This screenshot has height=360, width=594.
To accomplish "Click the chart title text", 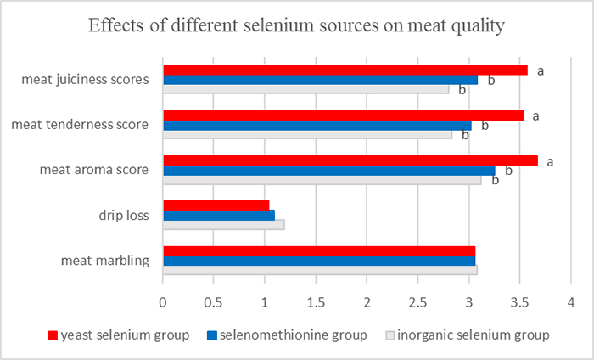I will tap(297, 26).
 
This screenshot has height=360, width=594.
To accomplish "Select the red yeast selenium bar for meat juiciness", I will tap(345, 70).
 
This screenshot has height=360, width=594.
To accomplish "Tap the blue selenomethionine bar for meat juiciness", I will tap(320, 80).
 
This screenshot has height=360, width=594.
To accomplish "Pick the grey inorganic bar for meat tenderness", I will tap(307, 134).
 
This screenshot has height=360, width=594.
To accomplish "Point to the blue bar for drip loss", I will tap(218, 215).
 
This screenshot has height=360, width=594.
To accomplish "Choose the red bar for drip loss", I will tap(216, 205).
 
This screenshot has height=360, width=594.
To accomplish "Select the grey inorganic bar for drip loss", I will tap(223, 225).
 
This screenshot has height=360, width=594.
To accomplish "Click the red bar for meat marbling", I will tap(318, 250).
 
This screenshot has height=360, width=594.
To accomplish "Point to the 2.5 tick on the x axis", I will tap(418, 301).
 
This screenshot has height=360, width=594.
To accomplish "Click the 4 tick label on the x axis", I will tap(571, 301).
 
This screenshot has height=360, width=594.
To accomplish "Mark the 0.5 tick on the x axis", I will tap(213, 301).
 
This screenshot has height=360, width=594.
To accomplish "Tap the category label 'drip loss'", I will tap(126, 215).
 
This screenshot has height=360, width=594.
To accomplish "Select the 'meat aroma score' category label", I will tap(94, 170).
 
